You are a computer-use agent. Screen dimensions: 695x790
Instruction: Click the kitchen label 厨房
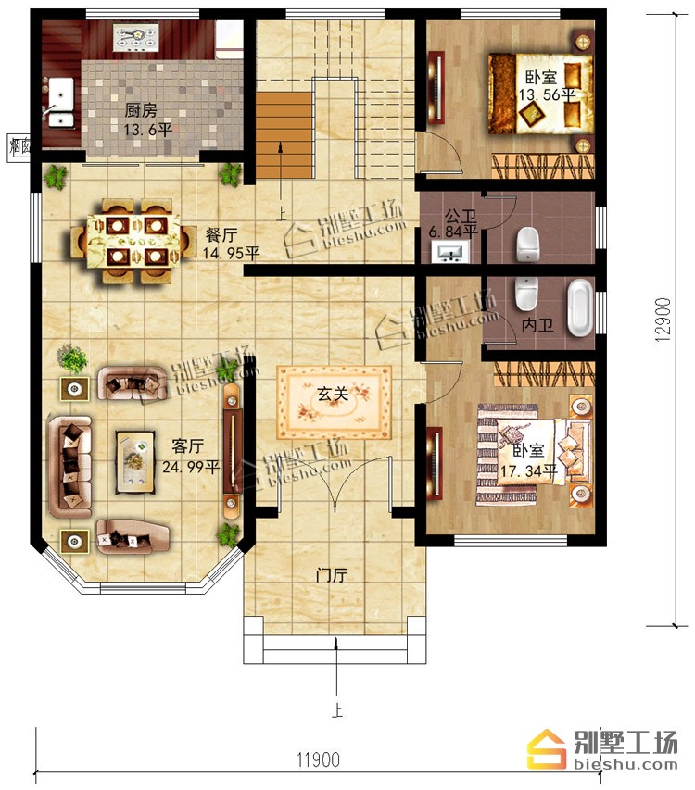click(x=141, y=110)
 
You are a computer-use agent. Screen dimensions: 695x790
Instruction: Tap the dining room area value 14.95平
click(x=232, y=253)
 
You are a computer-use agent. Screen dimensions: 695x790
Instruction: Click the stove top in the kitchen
click(x=136, y=39)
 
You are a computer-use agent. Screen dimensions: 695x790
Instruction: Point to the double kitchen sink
click(x=61, y=102)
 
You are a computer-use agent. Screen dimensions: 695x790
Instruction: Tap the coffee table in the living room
click(x=135, y=461)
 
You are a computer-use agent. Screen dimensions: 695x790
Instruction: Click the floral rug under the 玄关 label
click(x=335, y=403)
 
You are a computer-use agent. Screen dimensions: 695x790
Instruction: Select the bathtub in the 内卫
click(x=581, y=307)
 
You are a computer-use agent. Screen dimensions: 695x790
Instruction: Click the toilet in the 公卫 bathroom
click(x=528, y=244)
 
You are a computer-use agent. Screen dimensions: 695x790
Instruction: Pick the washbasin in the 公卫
click(x=450, y=250)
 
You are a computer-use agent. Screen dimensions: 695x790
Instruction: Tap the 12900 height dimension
click(x=663, y=320)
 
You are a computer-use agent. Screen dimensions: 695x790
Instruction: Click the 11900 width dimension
click(x=318, y=759)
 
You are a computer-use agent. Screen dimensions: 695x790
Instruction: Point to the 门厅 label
click(x=332, y=575)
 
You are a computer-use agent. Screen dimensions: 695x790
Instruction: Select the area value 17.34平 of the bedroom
click(x=529, y=471)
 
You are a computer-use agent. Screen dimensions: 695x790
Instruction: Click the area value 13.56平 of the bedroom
click(x=548, y=94)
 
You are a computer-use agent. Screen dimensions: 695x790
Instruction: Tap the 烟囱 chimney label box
click(x=19, y=147)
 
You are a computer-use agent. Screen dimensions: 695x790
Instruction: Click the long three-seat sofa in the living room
click(x=70, y=467)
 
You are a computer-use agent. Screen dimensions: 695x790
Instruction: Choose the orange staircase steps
click(x=284, y=134)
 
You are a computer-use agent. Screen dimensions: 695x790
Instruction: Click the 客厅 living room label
click(x=187, y=445)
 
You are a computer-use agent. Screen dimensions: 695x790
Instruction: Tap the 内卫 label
click(x=537, y=325)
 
